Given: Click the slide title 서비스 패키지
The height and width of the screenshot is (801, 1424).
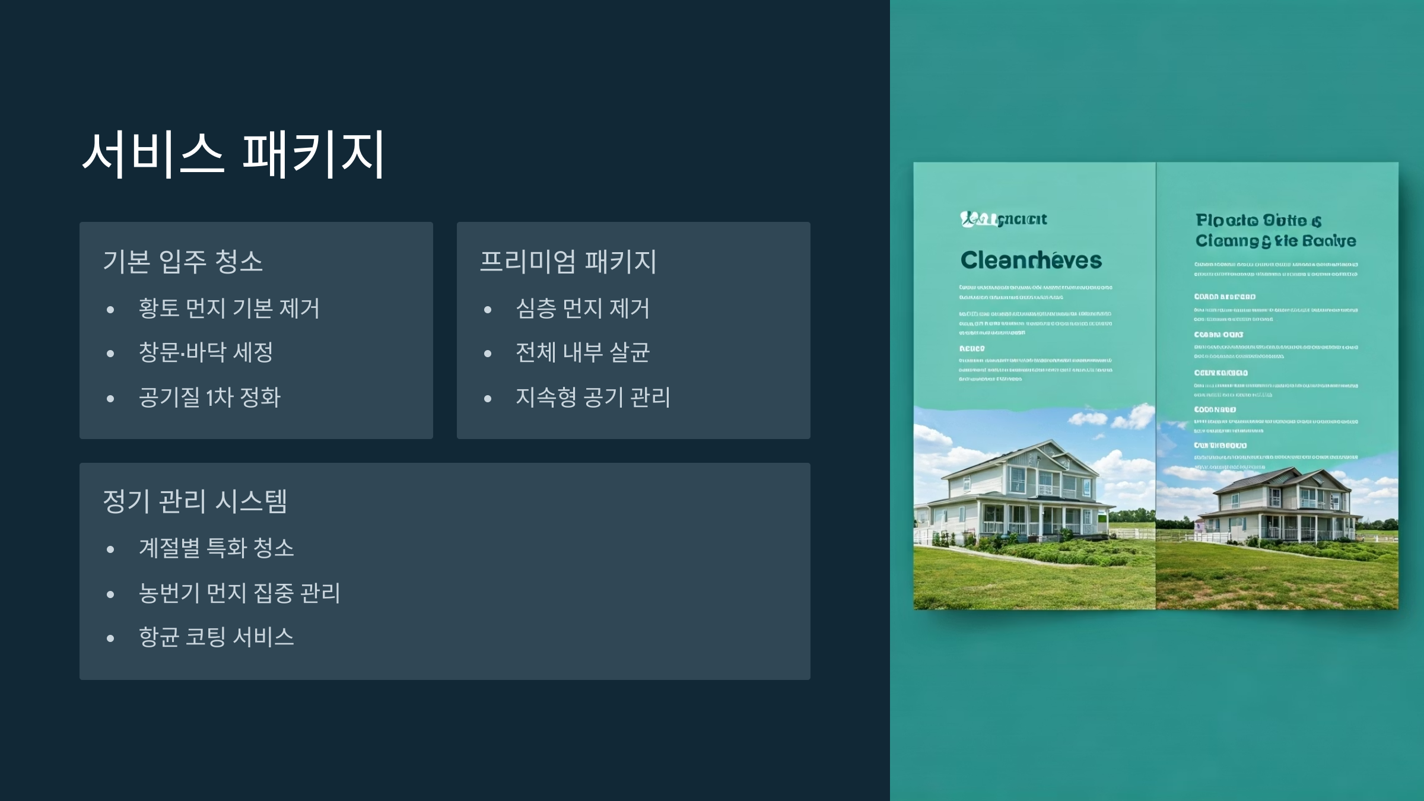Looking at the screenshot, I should (x=234, y=155).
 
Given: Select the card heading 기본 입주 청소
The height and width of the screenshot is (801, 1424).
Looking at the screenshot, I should (x=183, y=262).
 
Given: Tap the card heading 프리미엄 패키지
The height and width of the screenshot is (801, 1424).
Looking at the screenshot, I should (x=568, y=262).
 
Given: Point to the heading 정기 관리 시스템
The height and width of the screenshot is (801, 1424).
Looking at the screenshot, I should (x=195, y=501).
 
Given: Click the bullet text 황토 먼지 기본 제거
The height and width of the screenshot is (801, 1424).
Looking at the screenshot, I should (x=229, y=309).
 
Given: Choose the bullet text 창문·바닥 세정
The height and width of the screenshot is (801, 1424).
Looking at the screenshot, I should (x=206, y=352).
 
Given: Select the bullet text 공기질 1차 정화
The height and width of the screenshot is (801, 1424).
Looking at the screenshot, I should (x=209, y=398).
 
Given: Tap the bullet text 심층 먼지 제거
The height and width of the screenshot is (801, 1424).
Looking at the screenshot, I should (x=583, y=309).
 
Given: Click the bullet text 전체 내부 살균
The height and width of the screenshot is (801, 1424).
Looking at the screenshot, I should (x=583, y=352).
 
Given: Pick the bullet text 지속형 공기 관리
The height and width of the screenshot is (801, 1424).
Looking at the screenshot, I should (x=593, y=398).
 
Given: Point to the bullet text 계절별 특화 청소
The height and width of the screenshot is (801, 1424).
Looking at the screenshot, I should (x=217, y=548).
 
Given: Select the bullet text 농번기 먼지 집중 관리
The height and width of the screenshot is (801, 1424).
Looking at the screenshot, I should (x=240, y=593).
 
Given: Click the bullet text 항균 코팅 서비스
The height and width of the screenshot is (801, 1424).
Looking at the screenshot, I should (x=217, y=637).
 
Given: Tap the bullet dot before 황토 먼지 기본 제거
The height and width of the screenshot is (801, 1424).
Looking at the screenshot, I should (x=110, y=310).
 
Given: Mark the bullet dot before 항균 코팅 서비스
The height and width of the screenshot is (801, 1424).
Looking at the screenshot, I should (x=110, y=639).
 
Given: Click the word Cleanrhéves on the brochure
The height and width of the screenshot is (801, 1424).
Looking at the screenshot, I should (x=1031, y=260).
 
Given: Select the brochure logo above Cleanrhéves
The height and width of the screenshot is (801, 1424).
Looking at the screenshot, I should (x=1003, y=220).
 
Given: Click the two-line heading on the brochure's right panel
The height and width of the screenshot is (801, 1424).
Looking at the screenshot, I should (x=1276, y=230).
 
